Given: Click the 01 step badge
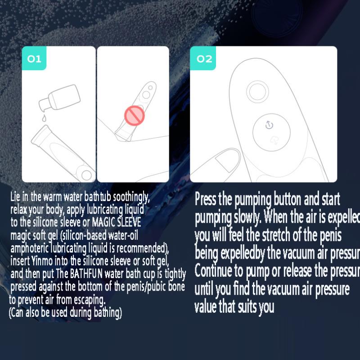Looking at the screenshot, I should pos(34,58).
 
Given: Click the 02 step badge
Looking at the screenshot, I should pos(204,58).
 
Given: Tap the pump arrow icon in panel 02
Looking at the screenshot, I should pos(269,125).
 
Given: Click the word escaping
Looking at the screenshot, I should pos(90,299).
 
